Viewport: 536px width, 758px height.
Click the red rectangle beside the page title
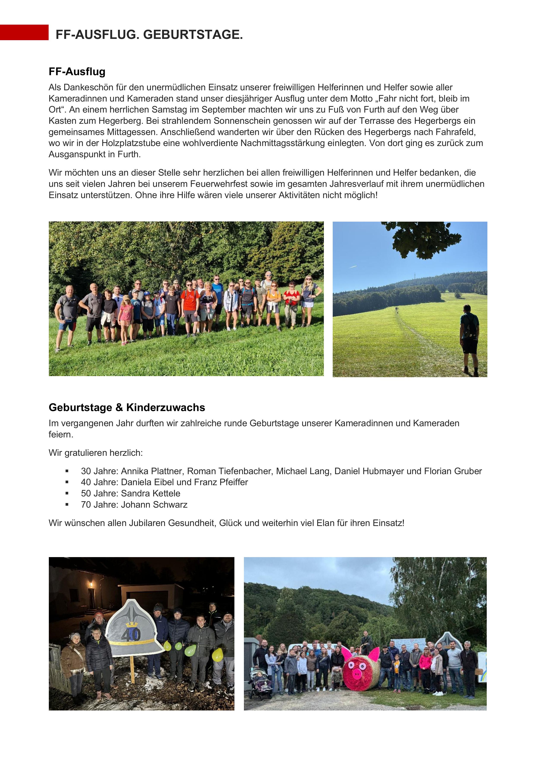click(24, 32)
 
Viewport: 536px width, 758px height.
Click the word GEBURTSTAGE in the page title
click(193, 35)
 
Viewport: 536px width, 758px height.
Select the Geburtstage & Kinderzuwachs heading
click(127, 407)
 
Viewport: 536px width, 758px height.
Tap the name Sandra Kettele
click(151, 494)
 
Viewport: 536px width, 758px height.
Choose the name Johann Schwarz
click(154, 505)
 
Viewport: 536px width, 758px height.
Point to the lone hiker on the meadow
click(470, 339)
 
